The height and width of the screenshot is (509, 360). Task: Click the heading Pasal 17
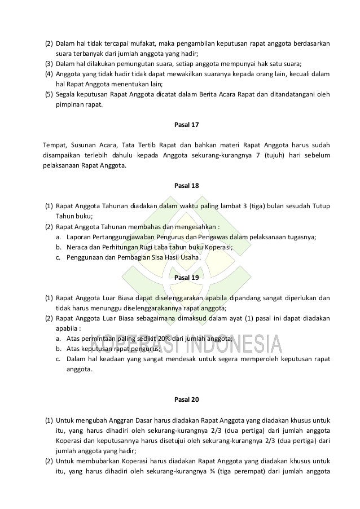coord(180,124)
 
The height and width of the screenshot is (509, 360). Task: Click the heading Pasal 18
coord(180,185)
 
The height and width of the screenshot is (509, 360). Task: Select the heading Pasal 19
coord(180,278)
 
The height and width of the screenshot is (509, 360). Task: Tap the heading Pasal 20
coord(180,400)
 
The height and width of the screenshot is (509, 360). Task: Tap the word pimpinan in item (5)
coord(72,104)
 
